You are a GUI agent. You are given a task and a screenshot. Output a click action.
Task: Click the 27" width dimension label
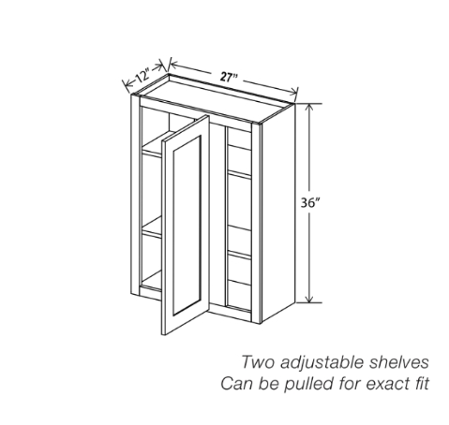[x=229, y=77]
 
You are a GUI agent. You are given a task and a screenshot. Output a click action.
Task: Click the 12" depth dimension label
[x=142, y=77]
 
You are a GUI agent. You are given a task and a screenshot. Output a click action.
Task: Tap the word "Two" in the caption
[x=258, y=362]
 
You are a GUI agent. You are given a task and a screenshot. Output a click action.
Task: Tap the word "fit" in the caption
[x=421, y=383]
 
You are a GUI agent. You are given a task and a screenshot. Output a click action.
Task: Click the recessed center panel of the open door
[x=187, y=225]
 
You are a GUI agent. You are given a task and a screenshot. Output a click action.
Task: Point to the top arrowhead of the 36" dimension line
[x=309, y=107]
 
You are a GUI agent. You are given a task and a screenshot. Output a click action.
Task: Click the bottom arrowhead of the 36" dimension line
[x=309, y=299]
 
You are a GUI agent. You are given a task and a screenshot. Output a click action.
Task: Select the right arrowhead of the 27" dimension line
[x=293, y=92]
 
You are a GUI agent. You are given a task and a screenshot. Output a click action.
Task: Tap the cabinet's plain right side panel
[x=278, y=212]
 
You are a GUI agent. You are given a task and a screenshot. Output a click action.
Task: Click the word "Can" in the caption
[x=237, y=384]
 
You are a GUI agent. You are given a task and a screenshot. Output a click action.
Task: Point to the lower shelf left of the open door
[x=152, y=228]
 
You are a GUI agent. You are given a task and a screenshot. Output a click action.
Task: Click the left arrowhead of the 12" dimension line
[x=127, y=84]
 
